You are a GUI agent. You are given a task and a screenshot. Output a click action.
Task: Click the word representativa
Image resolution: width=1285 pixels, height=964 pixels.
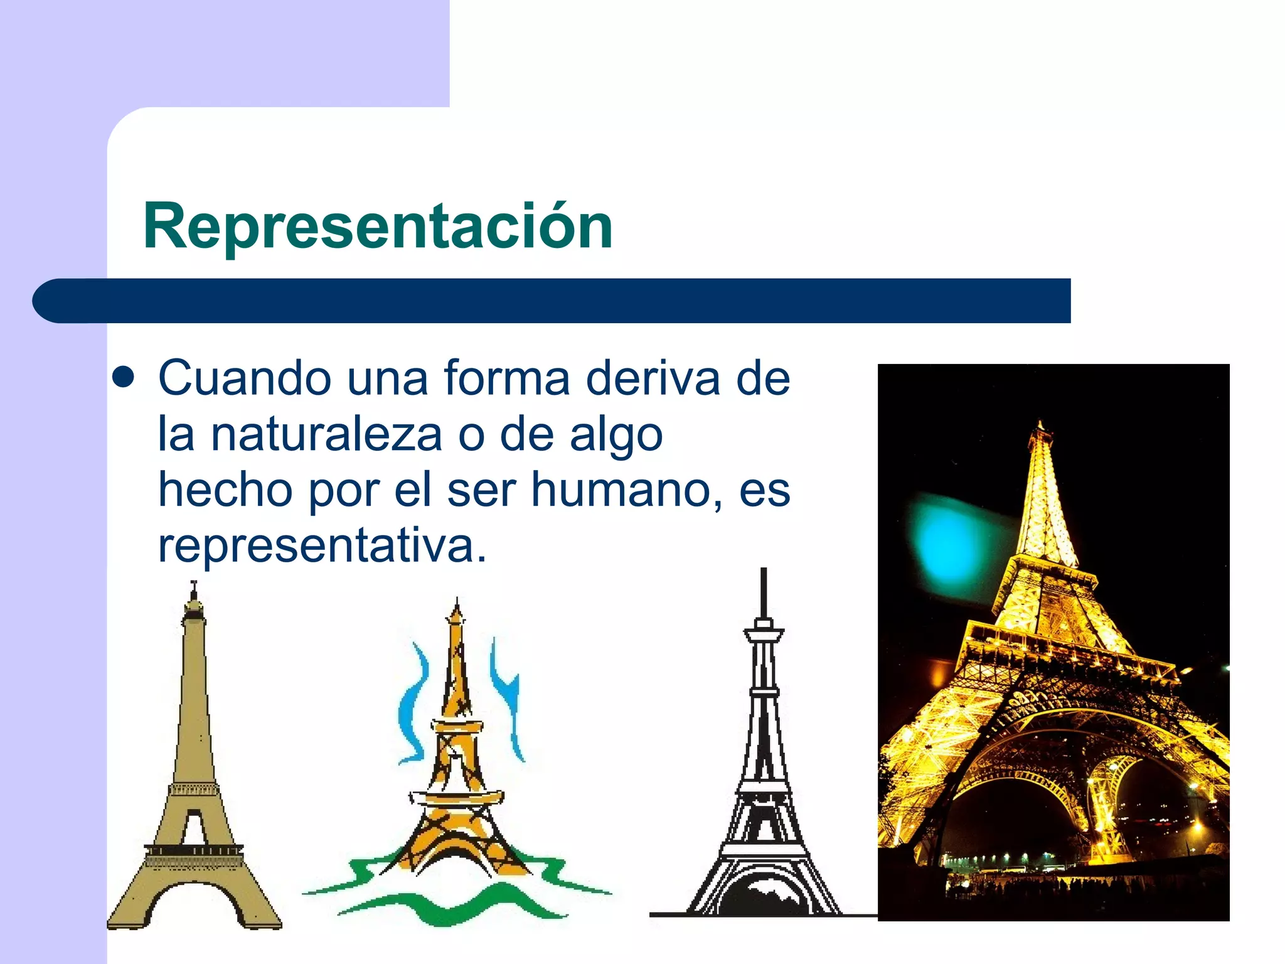[322, 545]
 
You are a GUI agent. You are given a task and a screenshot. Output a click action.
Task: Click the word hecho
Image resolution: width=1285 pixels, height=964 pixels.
[225, 490]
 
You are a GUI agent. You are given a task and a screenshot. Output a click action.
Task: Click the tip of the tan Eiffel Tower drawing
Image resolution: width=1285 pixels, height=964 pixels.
[194, 587]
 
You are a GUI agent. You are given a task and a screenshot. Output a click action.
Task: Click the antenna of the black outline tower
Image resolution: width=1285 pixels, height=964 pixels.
[764, 593]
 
